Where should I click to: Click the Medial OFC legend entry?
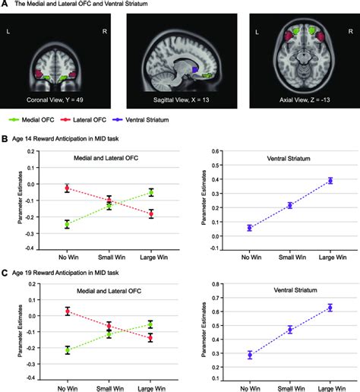point(35,119)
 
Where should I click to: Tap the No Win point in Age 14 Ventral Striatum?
point(250,227)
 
